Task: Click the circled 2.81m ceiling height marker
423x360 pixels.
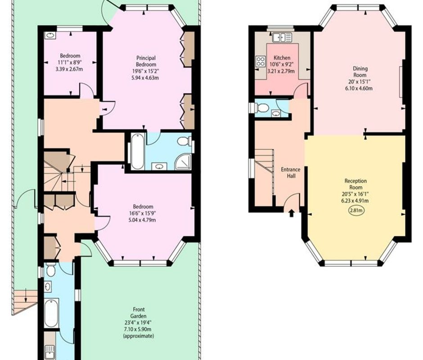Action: [x=357, y=211]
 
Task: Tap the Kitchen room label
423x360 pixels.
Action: [x=282, y=58]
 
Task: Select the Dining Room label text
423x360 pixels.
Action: [x=360, y=72]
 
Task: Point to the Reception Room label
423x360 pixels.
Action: [x=355, y=184]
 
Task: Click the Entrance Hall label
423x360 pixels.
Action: [x=291, y=173]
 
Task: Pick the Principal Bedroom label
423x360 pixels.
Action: [x=146, y=61]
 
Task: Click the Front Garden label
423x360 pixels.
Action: [x=139, y=312]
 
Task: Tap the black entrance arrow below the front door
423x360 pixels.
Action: [x=291, y=213]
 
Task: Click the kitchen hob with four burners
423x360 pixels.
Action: [x=261, y=61]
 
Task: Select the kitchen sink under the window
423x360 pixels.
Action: [x=282, y=37]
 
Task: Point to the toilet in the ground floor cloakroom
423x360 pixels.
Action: [x=261, y=108]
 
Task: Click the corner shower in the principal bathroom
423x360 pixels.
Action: [x=183, y=162]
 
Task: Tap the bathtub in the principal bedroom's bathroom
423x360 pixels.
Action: [x=137, y=151]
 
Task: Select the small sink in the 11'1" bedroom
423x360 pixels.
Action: [x=50, y=36]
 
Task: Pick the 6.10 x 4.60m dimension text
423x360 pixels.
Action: [x=359, y=88]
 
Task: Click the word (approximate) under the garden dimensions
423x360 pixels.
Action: [x=139, y=336]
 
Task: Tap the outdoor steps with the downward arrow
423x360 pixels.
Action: [x=25, y=300]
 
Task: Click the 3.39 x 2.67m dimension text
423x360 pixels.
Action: [x=69, y=69]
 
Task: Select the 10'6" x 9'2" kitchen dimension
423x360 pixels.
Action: [x=282, y=64]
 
